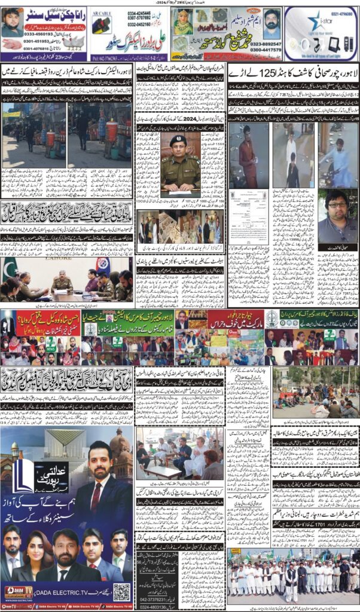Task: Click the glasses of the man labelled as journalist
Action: click(x=337, y=205)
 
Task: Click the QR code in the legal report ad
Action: click(x=121, y=592)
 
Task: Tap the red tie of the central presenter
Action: click(x=96, y=495)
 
